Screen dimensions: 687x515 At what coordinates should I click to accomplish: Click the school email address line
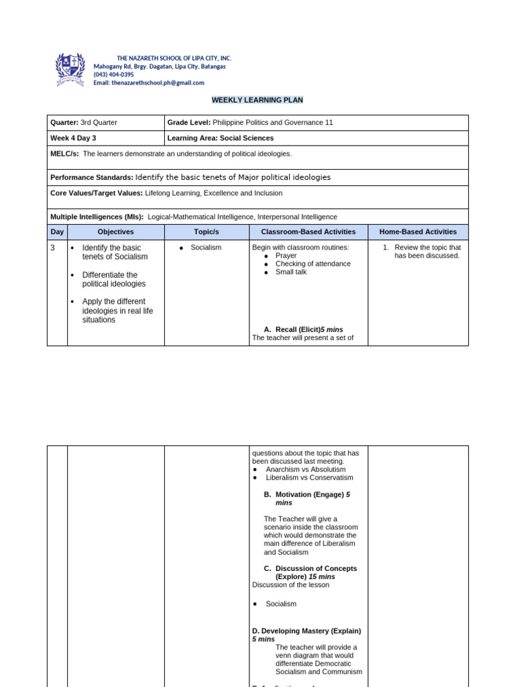click(x=149, y=83)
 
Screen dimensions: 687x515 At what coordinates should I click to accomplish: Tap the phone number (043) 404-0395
click(x=113, y=74)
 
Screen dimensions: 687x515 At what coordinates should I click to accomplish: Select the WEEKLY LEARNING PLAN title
click(x=257, y=100)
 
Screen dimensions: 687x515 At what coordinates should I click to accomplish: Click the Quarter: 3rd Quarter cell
click(x=84, y=122)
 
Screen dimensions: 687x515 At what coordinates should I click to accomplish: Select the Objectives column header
click(x=115, y=231)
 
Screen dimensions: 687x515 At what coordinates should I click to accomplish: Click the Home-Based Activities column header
click(x=418, y=231)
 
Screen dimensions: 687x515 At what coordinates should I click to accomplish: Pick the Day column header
click(x=57, y=231)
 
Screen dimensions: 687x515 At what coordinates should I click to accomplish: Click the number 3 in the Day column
click(x=53, y=248)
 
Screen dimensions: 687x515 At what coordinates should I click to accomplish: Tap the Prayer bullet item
click(x=286, y=256)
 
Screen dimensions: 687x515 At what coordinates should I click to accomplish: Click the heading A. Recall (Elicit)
click(x=303, y=329)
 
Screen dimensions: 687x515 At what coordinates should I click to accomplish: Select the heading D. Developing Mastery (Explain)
click(x=306, y=631)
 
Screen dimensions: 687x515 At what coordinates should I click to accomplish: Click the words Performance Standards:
click(x=91, y=177)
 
